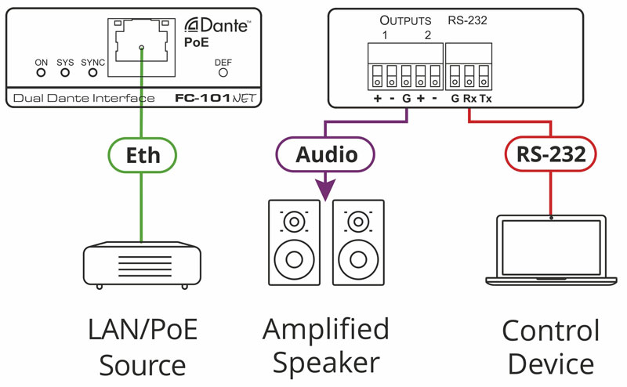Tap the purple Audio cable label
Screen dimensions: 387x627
point(326,154)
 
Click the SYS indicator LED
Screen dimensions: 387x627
point(65,73)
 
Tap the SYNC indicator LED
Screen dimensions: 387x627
point(92,73)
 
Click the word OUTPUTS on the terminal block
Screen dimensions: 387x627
point(406,20)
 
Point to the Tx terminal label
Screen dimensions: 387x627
point(486,99)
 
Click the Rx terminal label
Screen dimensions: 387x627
point(470,99)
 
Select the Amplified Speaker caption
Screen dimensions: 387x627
point(326,345)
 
